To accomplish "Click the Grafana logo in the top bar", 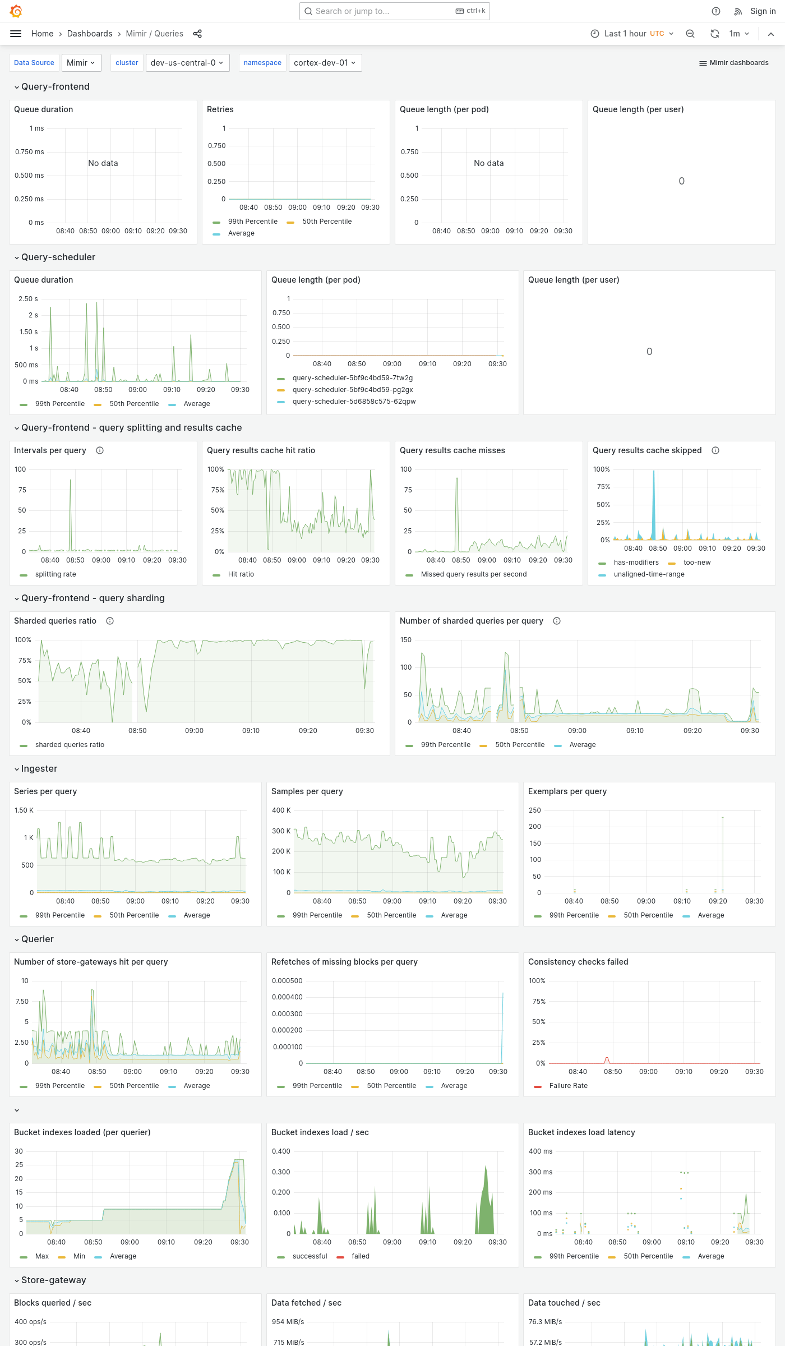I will [x=16, y=11].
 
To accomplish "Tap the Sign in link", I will [x=763, y=11].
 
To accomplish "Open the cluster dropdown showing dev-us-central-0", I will [x=187, y=63].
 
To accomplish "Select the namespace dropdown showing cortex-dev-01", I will [x=325, y=63].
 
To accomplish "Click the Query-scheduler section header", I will [x=58, y=257].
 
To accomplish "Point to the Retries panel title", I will [x=220, y=109].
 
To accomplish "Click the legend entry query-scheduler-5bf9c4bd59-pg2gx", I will [x=353, y=390].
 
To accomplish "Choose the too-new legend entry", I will [x=697, y=563].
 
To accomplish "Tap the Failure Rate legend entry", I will [x=568, y=1086].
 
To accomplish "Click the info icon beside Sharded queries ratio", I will [x=110, y=621].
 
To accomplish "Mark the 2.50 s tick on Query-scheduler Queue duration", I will [x=28, y=299].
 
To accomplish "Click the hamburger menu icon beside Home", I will [x=16, y=34].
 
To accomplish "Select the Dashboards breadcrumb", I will [x=90, y=34].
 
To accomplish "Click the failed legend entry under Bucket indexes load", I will [x=360, y=1256].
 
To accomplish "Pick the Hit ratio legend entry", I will [x=241, y=574].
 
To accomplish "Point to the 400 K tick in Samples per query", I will [x=281, y=810].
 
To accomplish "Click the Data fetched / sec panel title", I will [x=306, y=1303].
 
